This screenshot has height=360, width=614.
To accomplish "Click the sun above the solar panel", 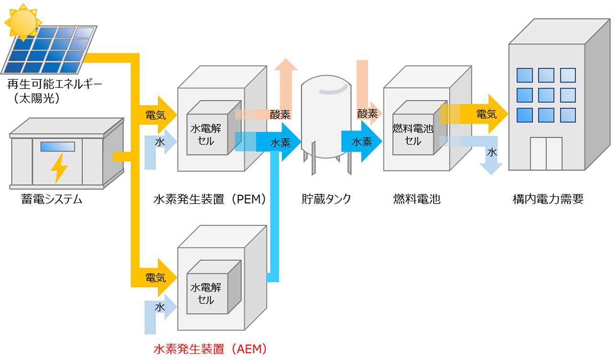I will pyautogui.click(x=23, y=22).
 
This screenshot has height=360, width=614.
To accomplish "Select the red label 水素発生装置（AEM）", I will pyautogui.click(x=210, y=349).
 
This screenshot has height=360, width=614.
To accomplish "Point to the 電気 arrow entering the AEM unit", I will pyautogui.click(x=158, y=277).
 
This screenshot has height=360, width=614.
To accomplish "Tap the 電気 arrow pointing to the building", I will pyautogui.click(x=487, y=114).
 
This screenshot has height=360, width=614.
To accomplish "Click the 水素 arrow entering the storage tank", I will pyautogui.click(x=281, y=143).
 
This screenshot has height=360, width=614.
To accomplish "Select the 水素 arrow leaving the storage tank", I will pyautogui.click(x=362, y=142).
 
